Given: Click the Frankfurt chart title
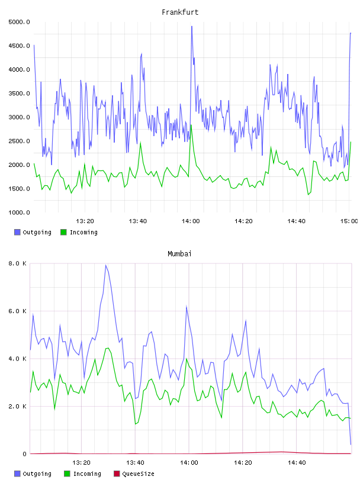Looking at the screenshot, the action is pos(180,12).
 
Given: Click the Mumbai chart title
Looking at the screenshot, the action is pos(179,254).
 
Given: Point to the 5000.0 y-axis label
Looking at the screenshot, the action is pos(19,22).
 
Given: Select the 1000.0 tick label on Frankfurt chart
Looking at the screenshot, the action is pos(19,212).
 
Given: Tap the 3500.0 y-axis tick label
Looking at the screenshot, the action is pos(19,94).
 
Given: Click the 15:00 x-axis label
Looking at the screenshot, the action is pos(349,221).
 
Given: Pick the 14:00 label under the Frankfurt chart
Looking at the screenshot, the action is pos(191,221).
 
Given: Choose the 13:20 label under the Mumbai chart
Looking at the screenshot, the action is pos(81,462).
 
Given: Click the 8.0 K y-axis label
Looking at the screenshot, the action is pos(17,263).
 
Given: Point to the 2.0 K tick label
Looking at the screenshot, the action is pos(17,406).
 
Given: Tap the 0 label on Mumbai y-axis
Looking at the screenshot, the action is pos(25,454).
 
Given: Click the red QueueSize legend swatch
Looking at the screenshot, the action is pos(117,474).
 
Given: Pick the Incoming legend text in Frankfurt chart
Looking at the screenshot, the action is pos(83,232).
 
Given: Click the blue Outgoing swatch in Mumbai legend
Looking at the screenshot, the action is pos(17,474).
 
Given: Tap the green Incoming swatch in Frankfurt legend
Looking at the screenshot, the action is pos(63,232).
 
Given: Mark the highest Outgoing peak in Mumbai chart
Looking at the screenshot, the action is pos(106,265).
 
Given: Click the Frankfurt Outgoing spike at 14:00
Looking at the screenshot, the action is pos(192,27).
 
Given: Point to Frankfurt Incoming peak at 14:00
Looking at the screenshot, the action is pos(191,125).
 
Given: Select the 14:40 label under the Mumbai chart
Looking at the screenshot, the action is pos(297,462).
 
